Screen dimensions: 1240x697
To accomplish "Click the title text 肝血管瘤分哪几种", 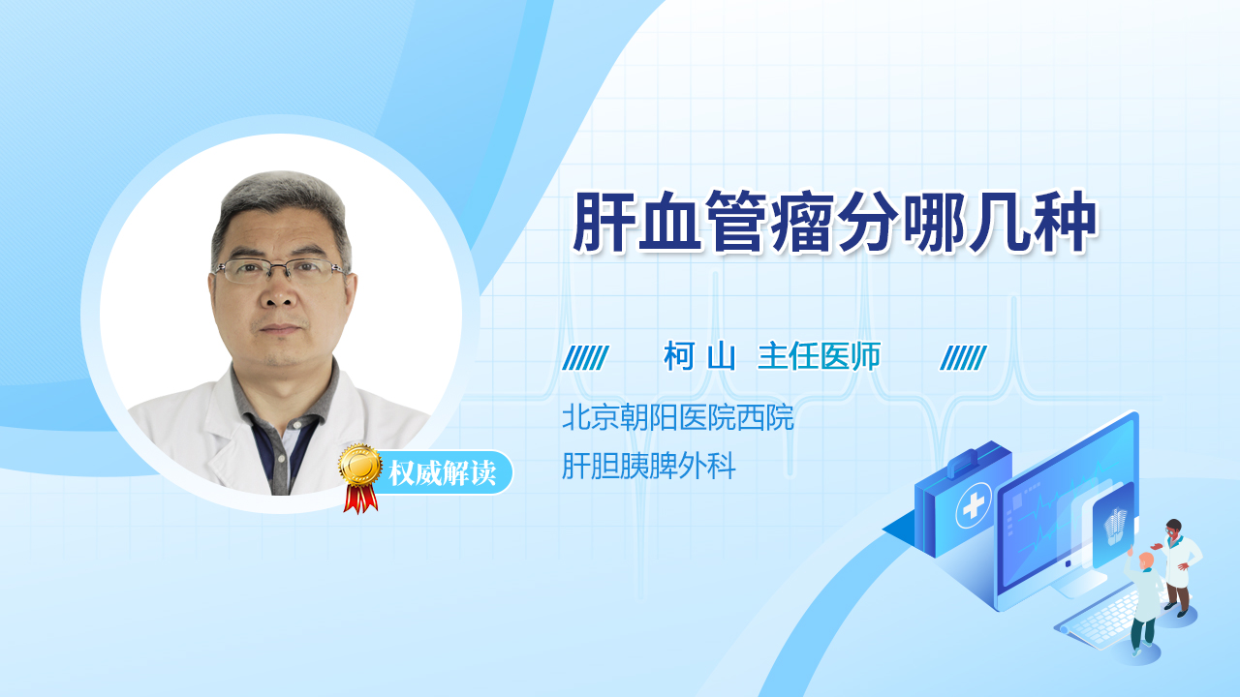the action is [835, 222].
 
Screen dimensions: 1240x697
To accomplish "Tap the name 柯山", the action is [699, 356].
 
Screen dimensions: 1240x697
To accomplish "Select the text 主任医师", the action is [820, 356].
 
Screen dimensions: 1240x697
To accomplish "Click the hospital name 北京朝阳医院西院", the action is [678, 417].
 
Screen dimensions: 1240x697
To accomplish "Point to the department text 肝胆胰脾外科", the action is [649, 466].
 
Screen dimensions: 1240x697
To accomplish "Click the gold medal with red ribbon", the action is [360, 478].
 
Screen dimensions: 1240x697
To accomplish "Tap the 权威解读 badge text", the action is [443, 473].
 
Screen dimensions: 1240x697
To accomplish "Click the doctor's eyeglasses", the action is [280, 270].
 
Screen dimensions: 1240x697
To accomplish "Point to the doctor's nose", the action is [279, 293].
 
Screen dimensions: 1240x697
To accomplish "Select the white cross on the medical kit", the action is [974, 505].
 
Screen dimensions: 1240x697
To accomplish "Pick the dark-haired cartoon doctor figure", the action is [1177, 567].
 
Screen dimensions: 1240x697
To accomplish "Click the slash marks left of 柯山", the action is [586, 358].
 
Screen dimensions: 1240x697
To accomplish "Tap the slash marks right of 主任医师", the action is [963, 358].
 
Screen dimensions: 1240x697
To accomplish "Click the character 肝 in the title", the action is [604, 222].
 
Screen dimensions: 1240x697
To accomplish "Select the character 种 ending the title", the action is [1067, 222].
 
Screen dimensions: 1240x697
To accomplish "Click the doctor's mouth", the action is [280, 328].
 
